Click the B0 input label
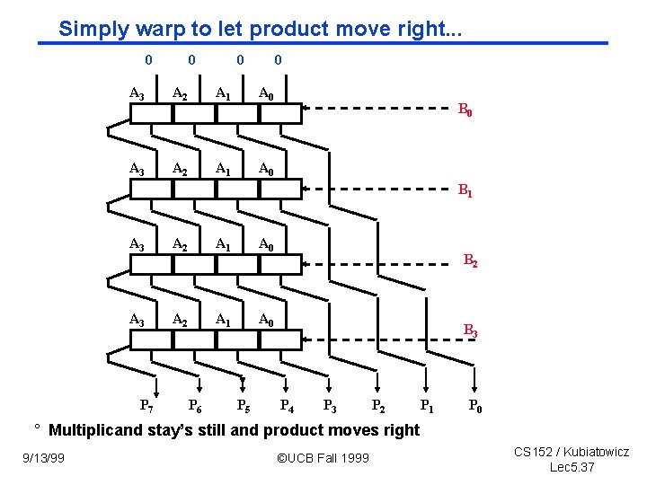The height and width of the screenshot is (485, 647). (x=465, y=111)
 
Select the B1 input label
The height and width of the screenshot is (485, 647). (x=465, y=190)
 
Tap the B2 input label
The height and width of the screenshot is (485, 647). (x=470, y=261)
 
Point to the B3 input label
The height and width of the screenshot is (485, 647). (x=470, y=331)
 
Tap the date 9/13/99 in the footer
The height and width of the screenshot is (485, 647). (x=44, y=458)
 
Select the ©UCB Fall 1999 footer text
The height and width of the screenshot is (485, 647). (x=323, y=458)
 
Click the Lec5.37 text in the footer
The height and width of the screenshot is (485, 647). (x=572, y=467)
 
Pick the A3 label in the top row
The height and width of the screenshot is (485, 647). (x=137, y=93)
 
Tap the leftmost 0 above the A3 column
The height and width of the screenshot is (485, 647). (x=148, y=60)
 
